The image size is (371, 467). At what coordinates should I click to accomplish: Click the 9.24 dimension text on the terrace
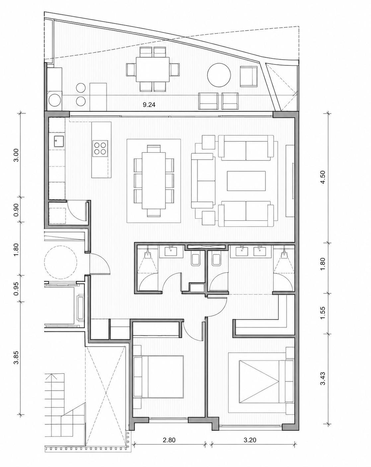[x=149, y=105]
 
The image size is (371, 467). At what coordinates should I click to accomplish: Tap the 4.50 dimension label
[x=323, y=177]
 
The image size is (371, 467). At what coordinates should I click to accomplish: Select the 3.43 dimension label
[x=323, y=378]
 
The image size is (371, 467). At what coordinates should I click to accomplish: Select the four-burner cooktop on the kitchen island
[x=100, y=148]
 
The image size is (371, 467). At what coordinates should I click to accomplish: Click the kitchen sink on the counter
[x=58, y=142]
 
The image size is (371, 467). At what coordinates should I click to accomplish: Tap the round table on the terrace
[x=219, y=75]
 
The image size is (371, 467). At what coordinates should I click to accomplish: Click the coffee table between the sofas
[x=246, y=181]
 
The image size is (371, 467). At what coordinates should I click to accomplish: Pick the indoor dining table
[x=154, y=180]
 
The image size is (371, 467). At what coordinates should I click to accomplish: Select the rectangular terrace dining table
[x=153, y=69]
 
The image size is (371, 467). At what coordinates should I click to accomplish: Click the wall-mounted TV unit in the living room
[x=290, y=181]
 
